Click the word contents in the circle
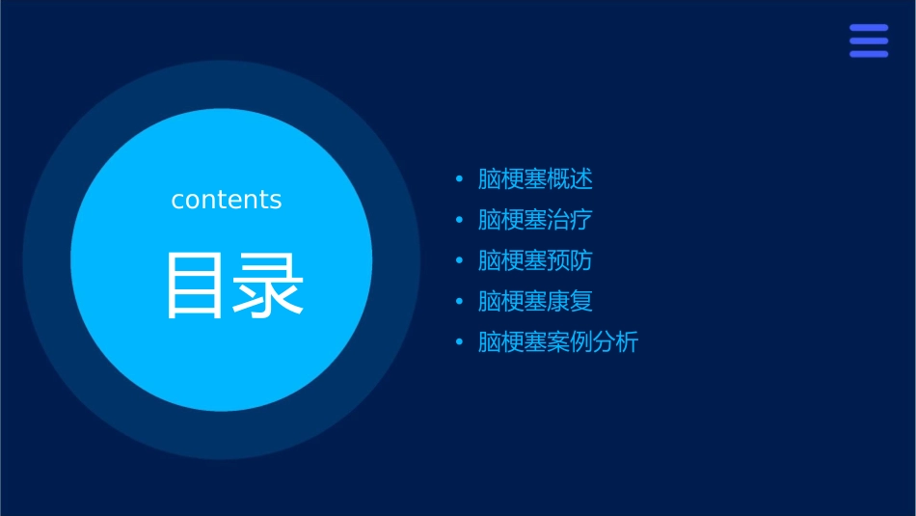pos(227,200)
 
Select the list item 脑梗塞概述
pos(535,179)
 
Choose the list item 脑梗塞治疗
pos(535,220)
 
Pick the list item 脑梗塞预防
pos(535,260)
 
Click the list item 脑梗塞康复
pos(535,301)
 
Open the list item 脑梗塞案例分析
pos(557,342)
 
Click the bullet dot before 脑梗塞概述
pos(459,179)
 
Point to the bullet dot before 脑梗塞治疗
pos(459,220)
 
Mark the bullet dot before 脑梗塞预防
pos(459,260)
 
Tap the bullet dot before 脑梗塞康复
pos(459,302)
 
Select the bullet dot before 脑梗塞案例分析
pos(459,342)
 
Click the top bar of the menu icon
pos(869,28)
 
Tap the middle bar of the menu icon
pos(869,41)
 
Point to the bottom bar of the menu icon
pos(869,54)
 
